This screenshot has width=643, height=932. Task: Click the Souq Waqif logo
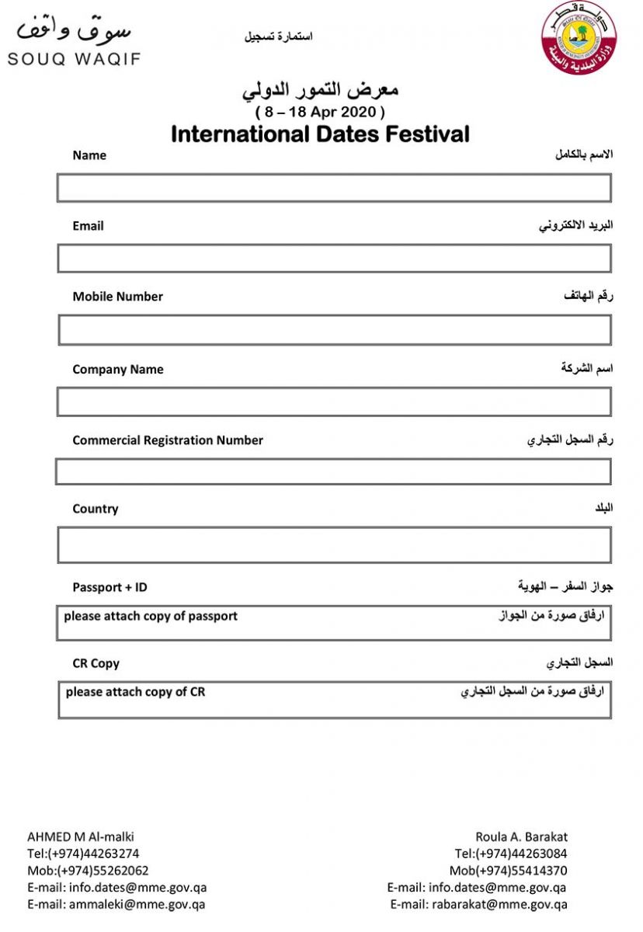(74, 42)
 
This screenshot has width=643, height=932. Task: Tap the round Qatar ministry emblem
(579, 38)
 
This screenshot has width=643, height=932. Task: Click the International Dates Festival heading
(320, 134)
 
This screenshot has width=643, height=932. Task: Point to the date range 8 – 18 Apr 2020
(320, 111)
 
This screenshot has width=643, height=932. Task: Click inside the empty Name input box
(334, 188)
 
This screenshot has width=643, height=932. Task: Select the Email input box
(334, 259)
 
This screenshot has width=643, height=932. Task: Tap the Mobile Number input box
(334, 330)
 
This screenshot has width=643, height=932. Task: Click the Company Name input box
(334, 402)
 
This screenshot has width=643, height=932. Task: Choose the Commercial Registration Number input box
(334, 471)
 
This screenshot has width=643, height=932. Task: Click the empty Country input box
(334, 544)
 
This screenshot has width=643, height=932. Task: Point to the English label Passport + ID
(109, 587)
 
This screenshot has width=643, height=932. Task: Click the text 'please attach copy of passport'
(151, 616)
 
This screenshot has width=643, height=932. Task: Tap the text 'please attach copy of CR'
(135, 691)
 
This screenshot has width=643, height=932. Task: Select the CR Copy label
(96, 663)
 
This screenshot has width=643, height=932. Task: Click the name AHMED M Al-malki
(81, 836)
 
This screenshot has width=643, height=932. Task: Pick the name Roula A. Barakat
(521, 836)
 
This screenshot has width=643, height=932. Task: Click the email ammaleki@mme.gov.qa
(137, 904)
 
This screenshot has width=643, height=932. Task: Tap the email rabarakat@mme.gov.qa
(499, 904)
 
